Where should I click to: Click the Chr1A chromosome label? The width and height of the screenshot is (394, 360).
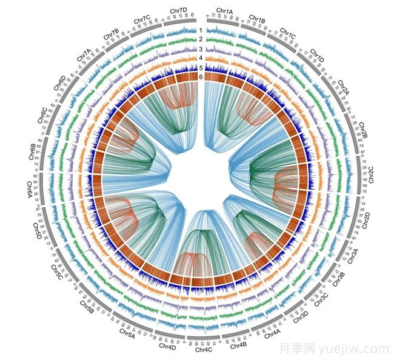pyautogui.click(x=224, y=12)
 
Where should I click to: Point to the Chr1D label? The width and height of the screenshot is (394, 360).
pyautogui.click(x=317, y=55)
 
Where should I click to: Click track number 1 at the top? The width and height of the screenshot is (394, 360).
pyautogui.click(x=200, y=30)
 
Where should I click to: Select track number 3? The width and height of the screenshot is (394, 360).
pyautogui.click(x=200, y=48)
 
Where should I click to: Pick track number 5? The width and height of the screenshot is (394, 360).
pyautogui.click(x=200, y=67)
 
